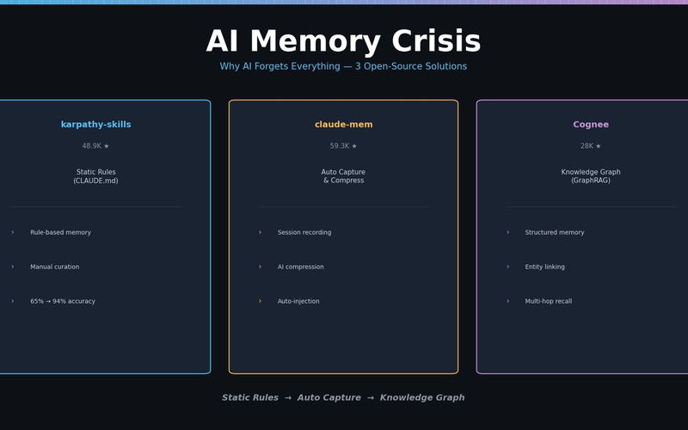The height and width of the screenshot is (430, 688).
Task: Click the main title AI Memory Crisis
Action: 343,42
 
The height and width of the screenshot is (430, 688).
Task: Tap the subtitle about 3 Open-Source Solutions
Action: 343,67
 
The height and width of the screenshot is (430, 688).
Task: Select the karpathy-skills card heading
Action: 95,125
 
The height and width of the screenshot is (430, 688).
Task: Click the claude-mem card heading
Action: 343,125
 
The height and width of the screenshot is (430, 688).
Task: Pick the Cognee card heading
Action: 591,125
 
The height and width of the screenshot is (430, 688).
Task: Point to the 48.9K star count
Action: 95,146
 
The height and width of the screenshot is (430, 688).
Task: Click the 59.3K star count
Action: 343,146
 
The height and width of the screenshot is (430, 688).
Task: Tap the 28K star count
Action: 591,146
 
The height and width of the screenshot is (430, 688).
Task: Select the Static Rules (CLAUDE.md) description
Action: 95,176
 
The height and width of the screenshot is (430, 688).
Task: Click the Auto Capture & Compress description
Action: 343,176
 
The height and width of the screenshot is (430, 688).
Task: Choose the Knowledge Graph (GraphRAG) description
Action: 591,176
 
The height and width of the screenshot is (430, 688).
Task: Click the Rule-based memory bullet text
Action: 60,232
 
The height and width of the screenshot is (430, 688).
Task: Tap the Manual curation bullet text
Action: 54,267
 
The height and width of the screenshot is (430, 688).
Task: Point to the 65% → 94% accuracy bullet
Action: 63,301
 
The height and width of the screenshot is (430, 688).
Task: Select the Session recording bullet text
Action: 304,232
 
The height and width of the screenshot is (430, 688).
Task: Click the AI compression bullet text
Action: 300,267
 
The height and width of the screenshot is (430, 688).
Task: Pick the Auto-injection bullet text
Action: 298,301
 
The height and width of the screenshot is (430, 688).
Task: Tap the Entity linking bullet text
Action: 544,267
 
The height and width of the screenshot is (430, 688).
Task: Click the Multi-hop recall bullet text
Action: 548,301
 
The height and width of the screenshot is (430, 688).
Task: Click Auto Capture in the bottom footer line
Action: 329,398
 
